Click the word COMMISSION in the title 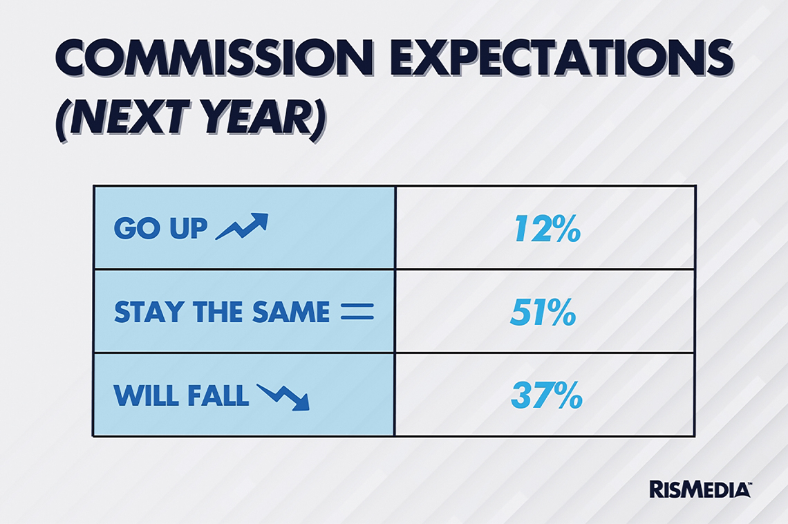pyautogui.click(x=214, y=58)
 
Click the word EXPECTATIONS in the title pyautogui.click(x=562, y=58)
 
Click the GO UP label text pyautogui.click(x=160, y=228)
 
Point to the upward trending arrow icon pyautogui.click(x=242, y=226)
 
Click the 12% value pyautogui.click(x=547, y=229)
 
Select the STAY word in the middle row pyautogui.click(x=148, y=312)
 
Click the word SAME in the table pyautogui.click(x=291, y=312)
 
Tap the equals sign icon pyautogui.click(x=357, y=312)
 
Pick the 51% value pyautogui.click(x=543, y=312)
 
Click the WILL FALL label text pyautogui.click(x=181, y=395)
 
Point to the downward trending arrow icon pyautogui.click(x=283, y=397)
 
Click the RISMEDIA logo pyautogui.click(x=700, y=489)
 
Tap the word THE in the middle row pyautogui.click(x=218, y=312)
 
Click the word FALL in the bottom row pyautogui.click(x=218, y=395)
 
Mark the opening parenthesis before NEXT pyautogui.click(x=61, y=120)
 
